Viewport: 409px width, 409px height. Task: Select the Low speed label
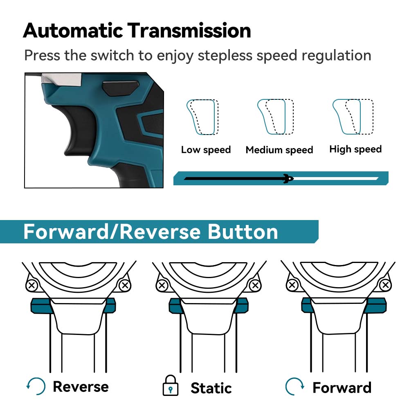tap(206, 150)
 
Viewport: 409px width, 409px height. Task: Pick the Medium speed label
tap(279, 150)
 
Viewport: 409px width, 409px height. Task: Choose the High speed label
tap(355, 149)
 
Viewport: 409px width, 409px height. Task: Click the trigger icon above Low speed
tap(202, 117)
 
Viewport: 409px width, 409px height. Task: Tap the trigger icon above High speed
tap(353, 117)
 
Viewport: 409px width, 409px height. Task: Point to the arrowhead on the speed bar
tap(289, 178)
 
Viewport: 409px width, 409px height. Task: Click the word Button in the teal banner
tap(243, 232)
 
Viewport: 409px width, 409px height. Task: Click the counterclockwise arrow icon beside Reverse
tap(36, 386)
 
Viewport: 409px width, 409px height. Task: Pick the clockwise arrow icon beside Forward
tap(294, 386)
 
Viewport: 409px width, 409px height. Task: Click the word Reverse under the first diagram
tap(81, 387)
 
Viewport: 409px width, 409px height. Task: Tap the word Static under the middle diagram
tap(211, 388)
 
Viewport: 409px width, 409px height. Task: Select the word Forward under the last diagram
tap(342, 387)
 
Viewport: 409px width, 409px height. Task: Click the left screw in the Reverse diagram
tap(32, 285)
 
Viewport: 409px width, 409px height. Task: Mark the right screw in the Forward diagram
tap(384, 285)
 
